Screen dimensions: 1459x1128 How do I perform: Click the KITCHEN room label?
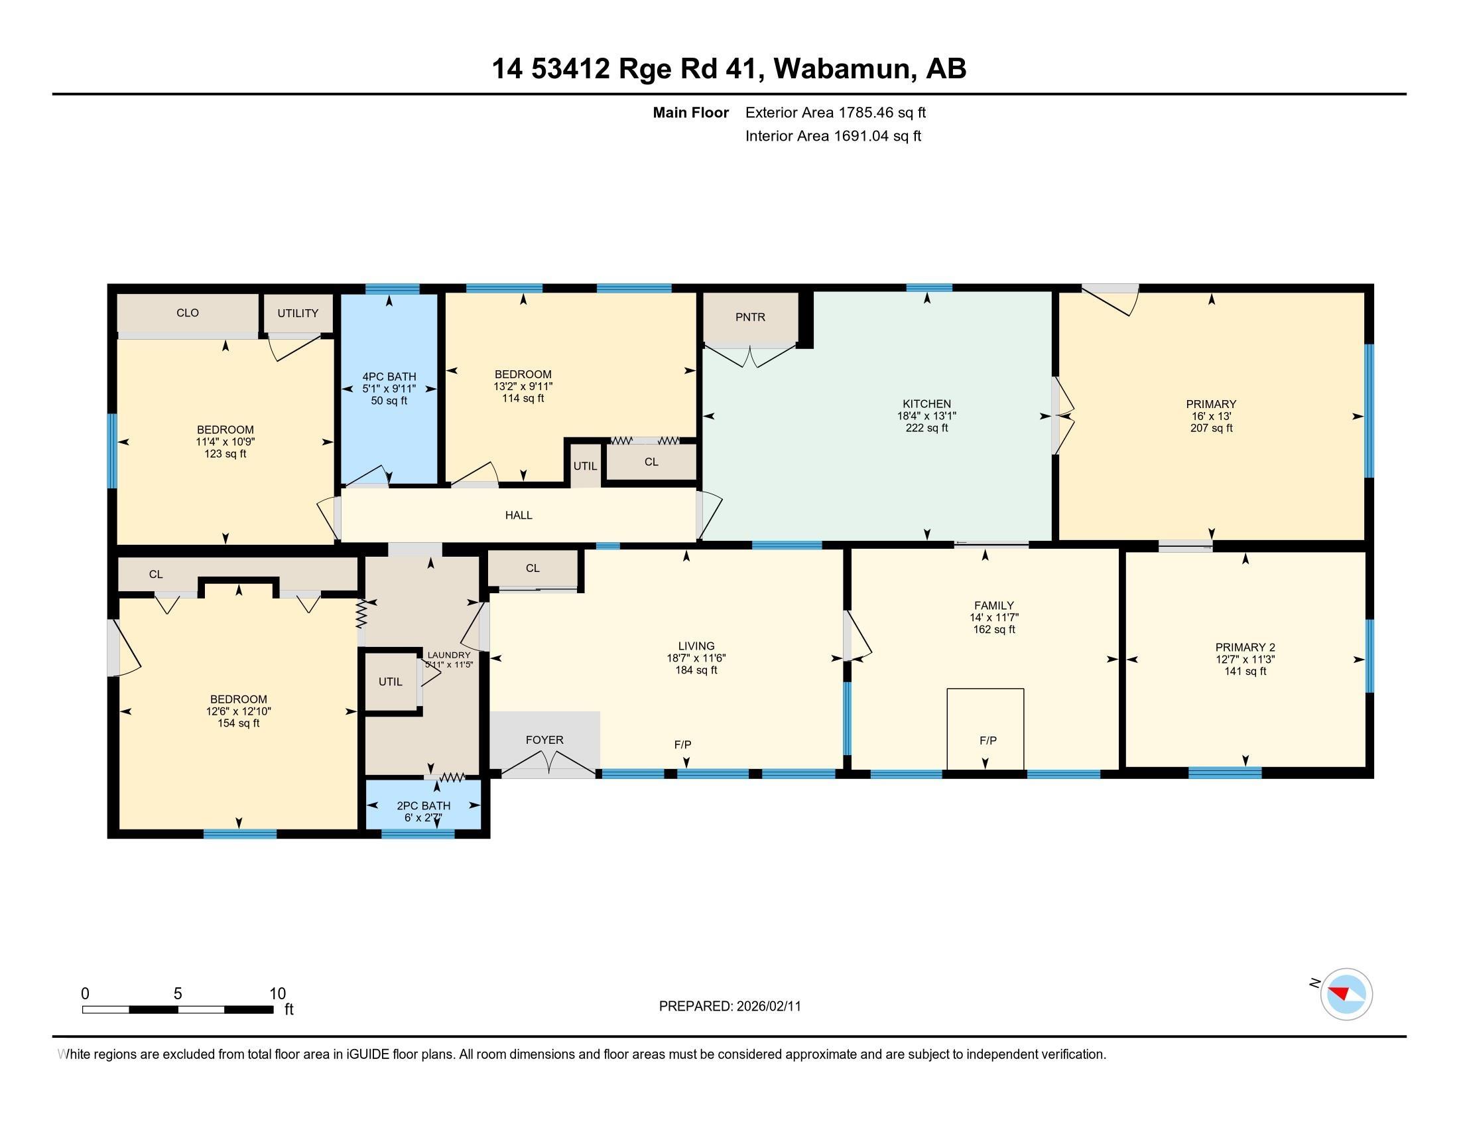tap(926, 403)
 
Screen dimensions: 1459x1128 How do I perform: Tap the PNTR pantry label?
tap(750, 317)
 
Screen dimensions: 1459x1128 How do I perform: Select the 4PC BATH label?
tap(389, 376)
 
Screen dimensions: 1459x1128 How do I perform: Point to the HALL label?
tap(519, 514)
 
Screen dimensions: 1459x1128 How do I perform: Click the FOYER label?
tap(544, 740)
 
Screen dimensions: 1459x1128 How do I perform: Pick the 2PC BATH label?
tap(424, 806)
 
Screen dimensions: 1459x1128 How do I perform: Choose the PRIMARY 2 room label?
tap(1245, 647)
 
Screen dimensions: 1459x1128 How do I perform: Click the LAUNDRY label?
tap(449, 655)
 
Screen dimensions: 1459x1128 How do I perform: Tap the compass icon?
tap(1346, 994)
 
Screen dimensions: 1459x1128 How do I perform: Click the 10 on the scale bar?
tap(278, 993)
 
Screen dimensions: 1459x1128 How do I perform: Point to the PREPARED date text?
tap(729, 1006)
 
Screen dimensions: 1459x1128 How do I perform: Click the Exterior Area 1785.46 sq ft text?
tap(836, 112)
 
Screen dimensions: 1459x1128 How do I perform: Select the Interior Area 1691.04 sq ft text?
tap(833, 135)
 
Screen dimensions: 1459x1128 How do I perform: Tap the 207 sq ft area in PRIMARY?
tap(1211, 428)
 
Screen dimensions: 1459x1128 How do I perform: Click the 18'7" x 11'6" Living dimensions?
tap(696, 658)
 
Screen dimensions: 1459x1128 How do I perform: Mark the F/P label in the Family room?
tap(988, 740)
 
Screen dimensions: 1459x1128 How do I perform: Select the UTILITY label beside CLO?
tap(298, 313)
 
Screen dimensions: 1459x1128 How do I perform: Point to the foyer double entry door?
tap(548, 764)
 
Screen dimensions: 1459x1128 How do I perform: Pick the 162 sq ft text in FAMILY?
tap(994, 629)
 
